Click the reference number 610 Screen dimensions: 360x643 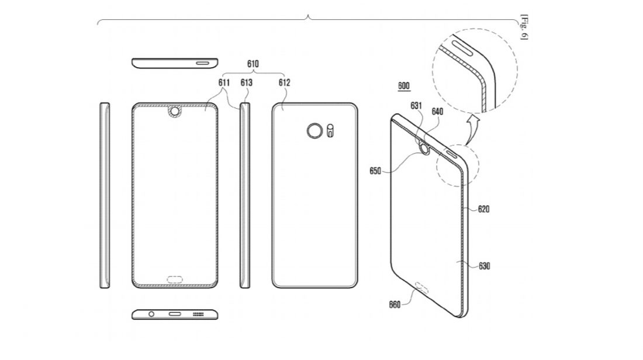(253, 64)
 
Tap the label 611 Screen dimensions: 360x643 (224, 82)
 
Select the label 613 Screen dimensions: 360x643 (246, 82)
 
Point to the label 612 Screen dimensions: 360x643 (284, 82)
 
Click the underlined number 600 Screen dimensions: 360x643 (403, 86)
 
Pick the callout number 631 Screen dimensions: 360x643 (416, 106)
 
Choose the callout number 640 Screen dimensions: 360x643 (437, 110)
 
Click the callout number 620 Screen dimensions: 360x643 (483, 208)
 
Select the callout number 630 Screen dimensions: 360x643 (483, 266)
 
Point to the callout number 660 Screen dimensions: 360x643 (396, 304)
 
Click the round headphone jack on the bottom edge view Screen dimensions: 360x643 (151, 314)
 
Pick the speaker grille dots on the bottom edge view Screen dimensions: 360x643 (198, 314)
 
